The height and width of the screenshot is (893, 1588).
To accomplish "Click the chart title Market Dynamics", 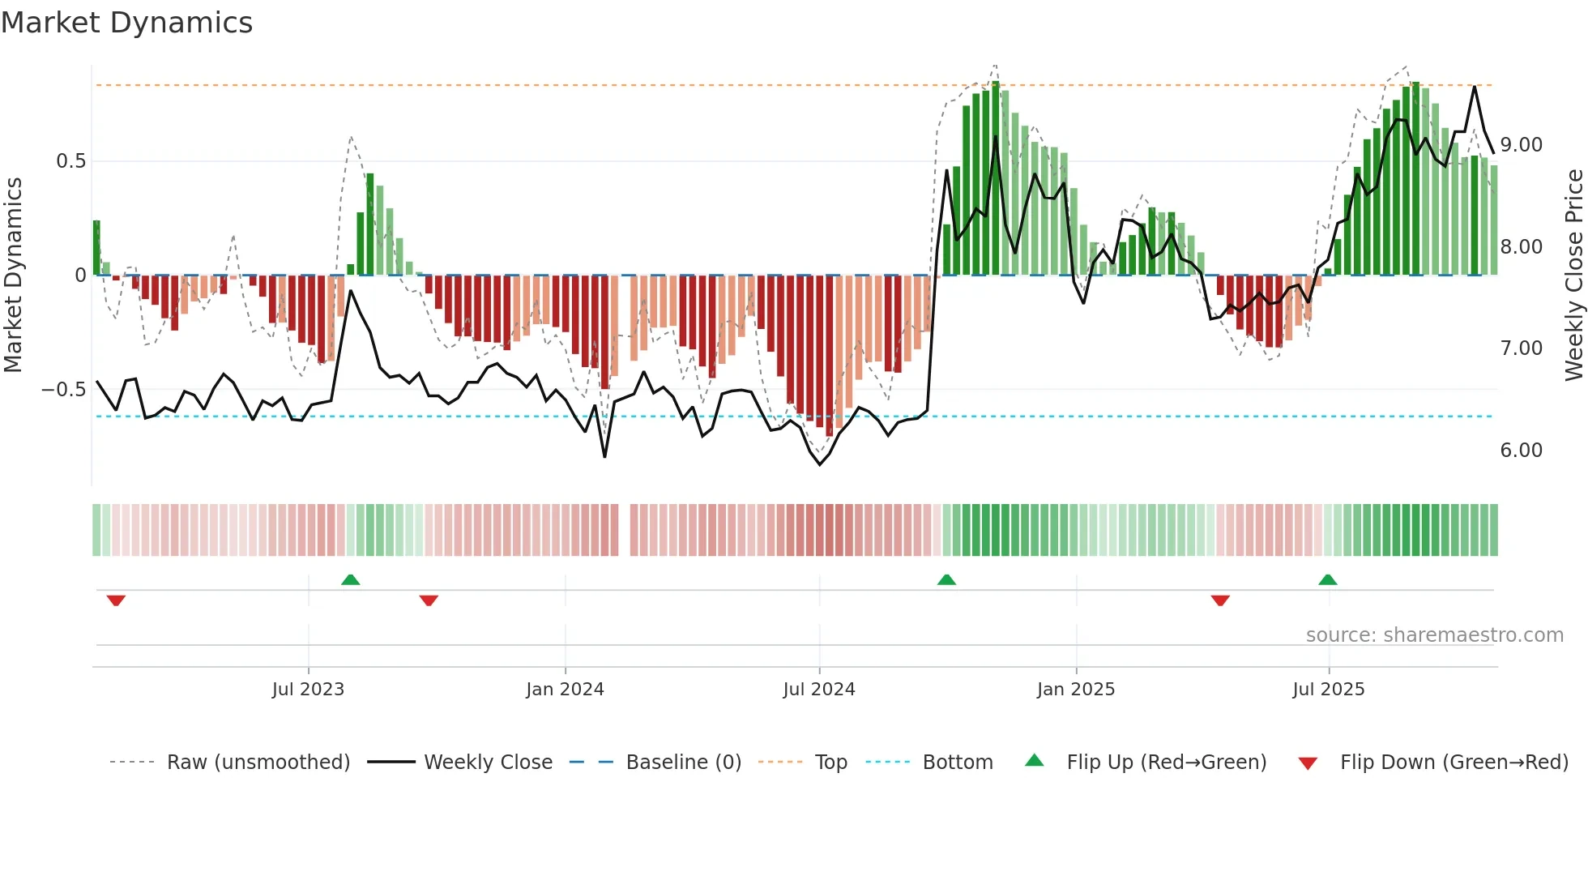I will pos(126,23).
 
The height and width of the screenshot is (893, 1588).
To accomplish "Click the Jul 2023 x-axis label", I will pos(308,690).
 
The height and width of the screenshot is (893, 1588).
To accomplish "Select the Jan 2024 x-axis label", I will pos(565,690).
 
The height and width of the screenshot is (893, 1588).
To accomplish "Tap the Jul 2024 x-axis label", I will pos(819,690).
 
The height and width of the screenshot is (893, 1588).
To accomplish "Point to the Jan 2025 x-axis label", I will pos(1076,690).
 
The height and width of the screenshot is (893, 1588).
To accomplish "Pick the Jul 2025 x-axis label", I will pos(1329,690).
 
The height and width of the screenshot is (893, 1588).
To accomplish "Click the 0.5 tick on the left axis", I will pos(70,161).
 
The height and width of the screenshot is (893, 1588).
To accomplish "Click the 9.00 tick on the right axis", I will pos(1522,145).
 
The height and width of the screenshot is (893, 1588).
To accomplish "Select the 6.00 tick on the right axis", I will pos(1522,451).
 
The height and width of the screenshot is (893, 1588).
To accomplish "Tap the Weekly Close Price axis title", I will pos(1573,276).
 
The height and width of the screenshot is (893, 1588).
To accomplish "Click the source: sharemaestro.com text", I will pos(1434,635).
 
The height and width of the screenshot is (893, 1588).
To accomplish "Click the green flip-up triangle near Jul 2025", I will pos(1327,579).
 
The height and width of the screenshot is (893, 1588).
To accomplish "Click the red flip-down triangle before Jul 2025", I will pos(1220,600).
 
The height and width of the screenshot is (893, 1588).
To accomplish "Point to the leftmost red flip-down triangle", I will pos(116,600).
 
